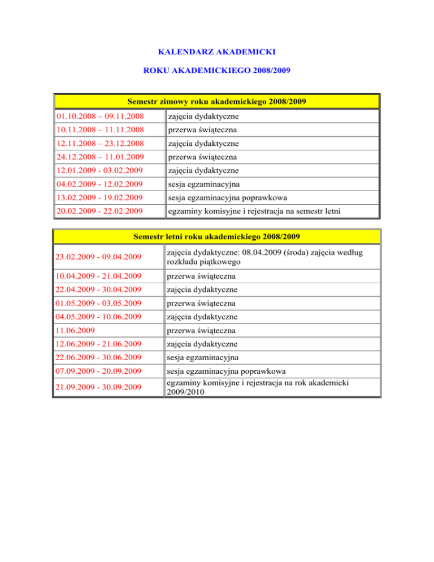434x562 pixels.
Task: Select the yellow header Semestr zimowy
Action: (x=216, y=102)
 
